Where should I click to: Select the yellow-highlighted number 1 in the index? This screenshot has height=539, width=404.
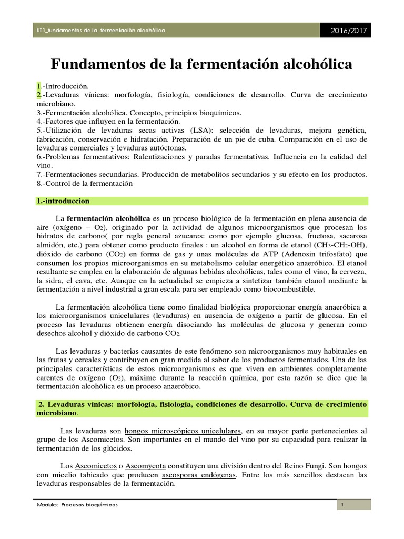click(x=38, y=85)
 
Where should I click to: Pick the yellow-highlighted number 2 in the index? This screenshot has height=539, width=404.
click(x=38, y=94)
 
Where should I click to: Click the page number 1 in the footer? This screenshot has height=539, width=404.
click(x=342, y=505)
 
